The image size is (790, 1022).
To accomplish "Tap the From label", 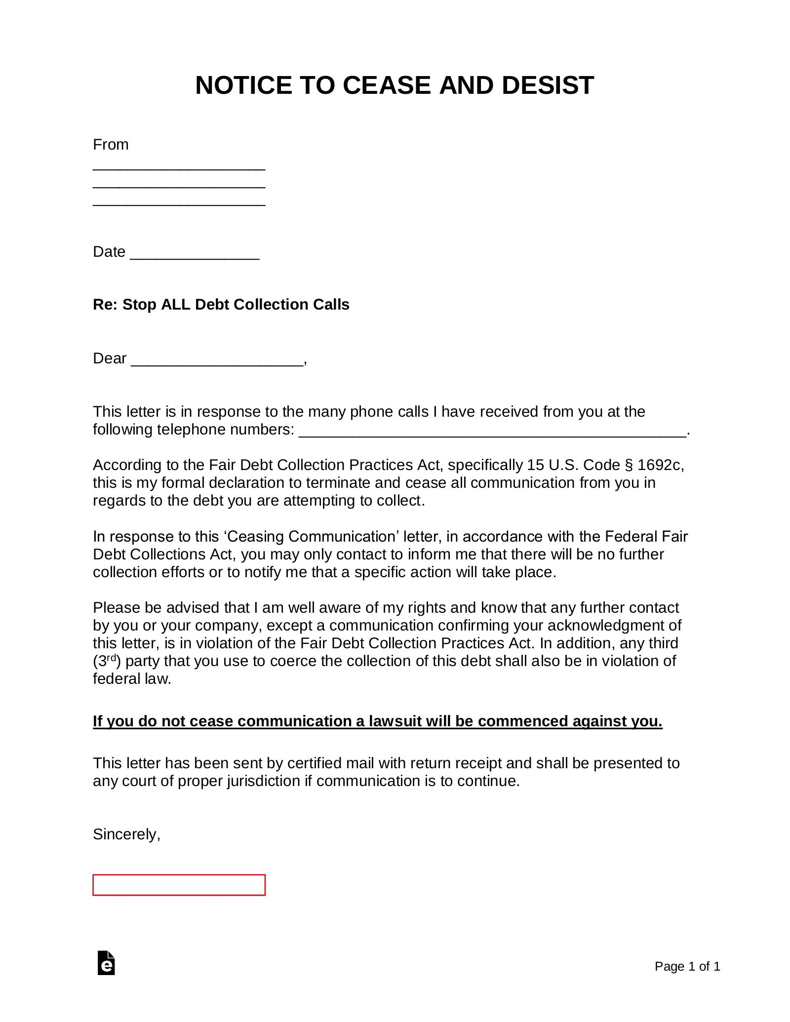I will (111, 145).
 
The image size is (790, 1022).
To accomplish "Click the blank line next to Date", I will (194, 257).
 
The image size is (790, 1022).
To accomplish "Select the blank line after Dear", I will (217, 363).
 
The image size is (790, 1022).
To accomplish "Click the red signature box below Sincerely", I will (179, 885).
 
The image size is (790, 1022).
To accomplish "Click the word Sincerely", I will (126, 834).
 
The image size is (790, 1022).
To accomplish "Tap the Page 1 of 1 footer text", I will (687, 966).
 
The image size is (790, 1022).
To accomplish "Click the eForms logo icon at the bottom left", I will (106, 963).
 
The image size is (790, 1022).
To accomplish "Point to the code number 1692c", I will (659, 465).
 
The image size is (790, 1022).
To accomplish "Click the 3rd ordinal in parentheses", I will (107, 660).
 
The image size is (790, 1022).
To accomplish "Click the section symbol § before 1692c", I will (629, 465).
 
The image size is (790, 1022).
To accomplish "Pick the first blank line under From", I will (179, 168).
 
